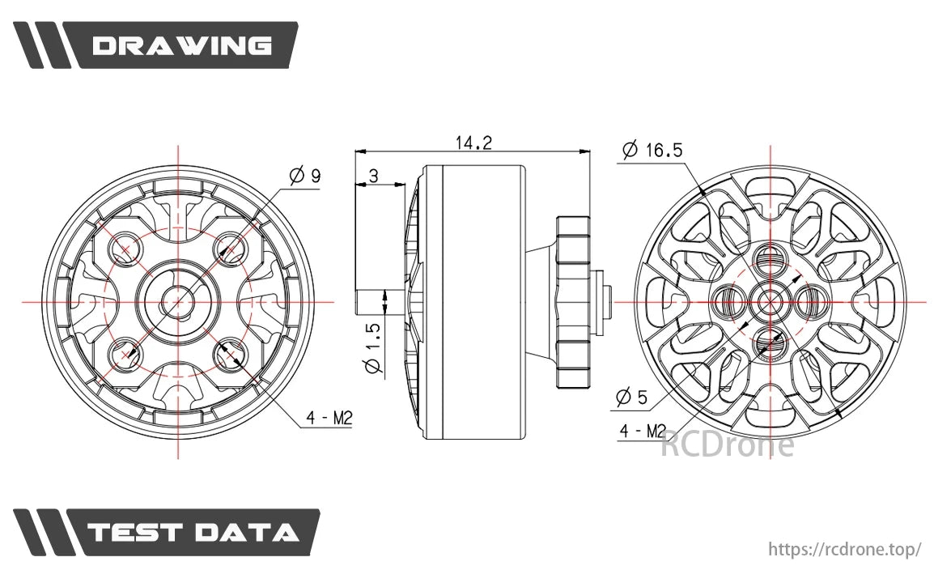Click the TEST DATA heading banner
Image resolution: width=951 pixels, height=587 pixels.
pyautogui.click(x=193, y=532)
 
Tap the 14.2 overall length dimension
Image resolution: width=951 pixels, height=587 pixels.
pyautogui.click(x=473, y=142)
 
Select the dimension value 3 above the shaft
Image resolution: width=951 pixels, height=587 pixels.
pyautogui.click(x=373, y=176)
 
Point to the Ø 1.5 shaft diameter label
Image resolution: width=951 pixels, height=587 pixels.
pyautogui.click(x=371, y=348)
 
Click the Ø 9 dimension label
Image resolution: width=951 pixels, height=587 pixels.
pyautogui.click(x=304, y=175)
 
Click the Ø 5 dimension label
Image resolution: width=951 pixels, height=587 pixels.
pyautogui.click(x=631, y=397)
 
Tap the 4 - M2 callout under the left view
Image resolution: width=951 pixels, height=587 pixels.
pyautogui.click(x=329, y=418)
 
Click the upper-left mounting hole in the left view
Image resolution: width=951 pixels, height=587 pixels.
pyautogui.click(x=125, y=249)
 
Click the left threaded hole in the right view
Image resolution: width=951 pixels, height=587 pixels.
pyautogui.click(x=728, y=302)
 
